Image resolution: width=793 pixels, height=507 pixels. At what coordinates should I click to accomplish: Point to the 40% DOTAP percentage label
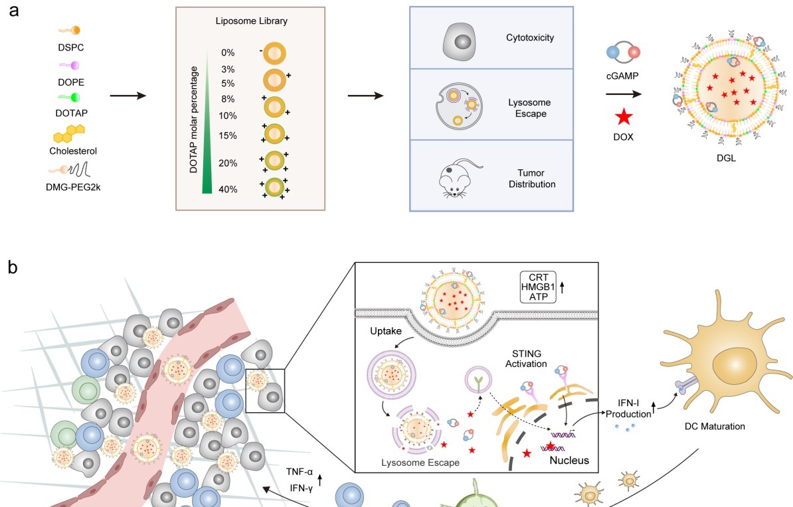pyautogui.click(x=228, y=189)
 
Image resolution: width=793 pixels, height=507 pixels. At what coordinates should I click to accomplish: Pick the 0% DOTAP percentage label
pyautogui.click(x=228, y=52)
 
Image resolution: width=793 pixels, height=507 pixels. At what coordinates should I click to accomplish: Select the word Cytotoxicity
pyautogui.click(x=529, y=38)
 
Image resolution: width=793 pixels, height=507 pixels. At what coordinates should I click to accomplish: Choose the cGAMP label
pyautogui.click(x=623, y=77)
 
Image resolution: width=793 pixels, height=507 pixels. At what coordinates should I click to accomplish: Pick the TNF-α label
pyautogui.click(x=300, y=472)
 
